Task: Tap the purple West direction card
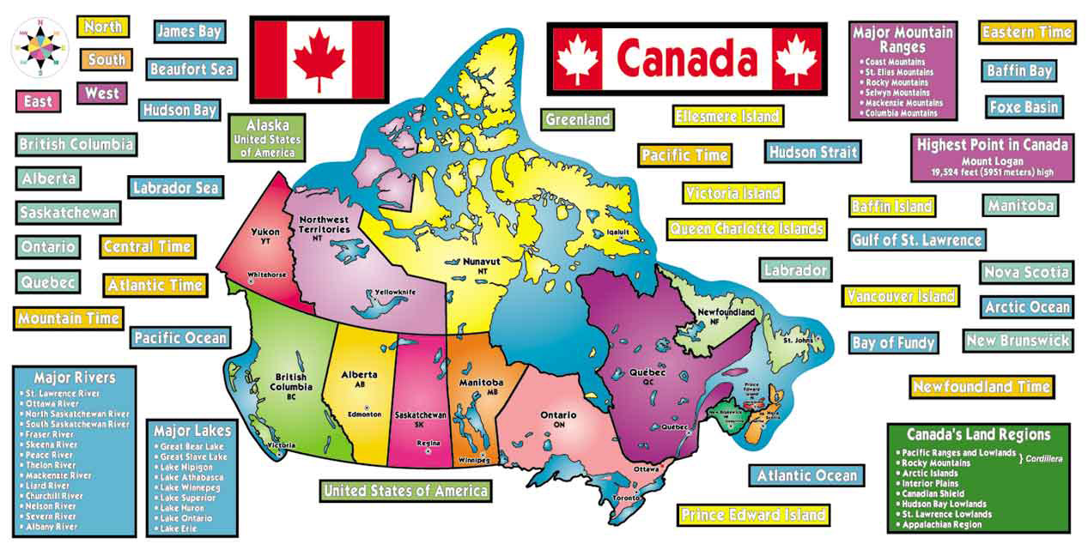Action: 102,94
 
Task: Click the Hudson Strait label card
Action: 812,152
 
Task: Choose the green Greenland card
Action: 577,120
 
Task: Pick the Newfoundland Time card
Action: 982,387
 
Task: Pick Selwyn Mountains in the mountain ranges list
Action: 897,93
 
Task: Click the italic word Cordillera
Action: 1042,459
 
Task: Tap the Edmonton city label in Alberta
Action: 364,414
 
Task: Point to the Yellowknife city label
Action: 397,293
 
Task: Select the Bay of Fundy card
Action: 893,343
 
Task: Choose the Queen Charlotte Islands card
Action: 746,229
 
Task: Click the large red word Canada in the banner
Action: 687,58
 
